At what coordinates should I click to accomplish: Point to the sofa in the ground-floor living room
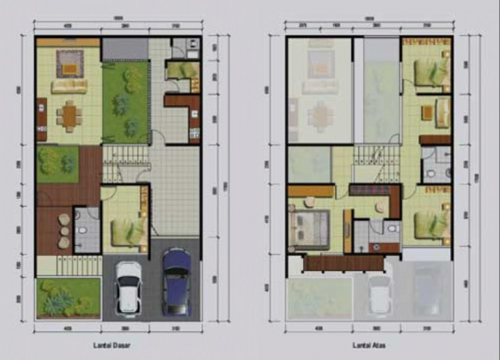click(x=69, y=86)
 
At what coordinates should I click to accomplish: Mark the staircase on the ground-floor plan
click(x=125, y=164)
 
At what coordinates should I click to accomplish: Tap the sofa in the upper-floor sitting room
click(x=443, y=112)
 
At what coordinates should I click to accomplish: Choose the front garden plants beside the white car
click(x=67, y=298)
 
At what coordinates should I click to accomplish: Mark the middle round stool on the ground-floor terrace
click(x=64, y=229)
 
